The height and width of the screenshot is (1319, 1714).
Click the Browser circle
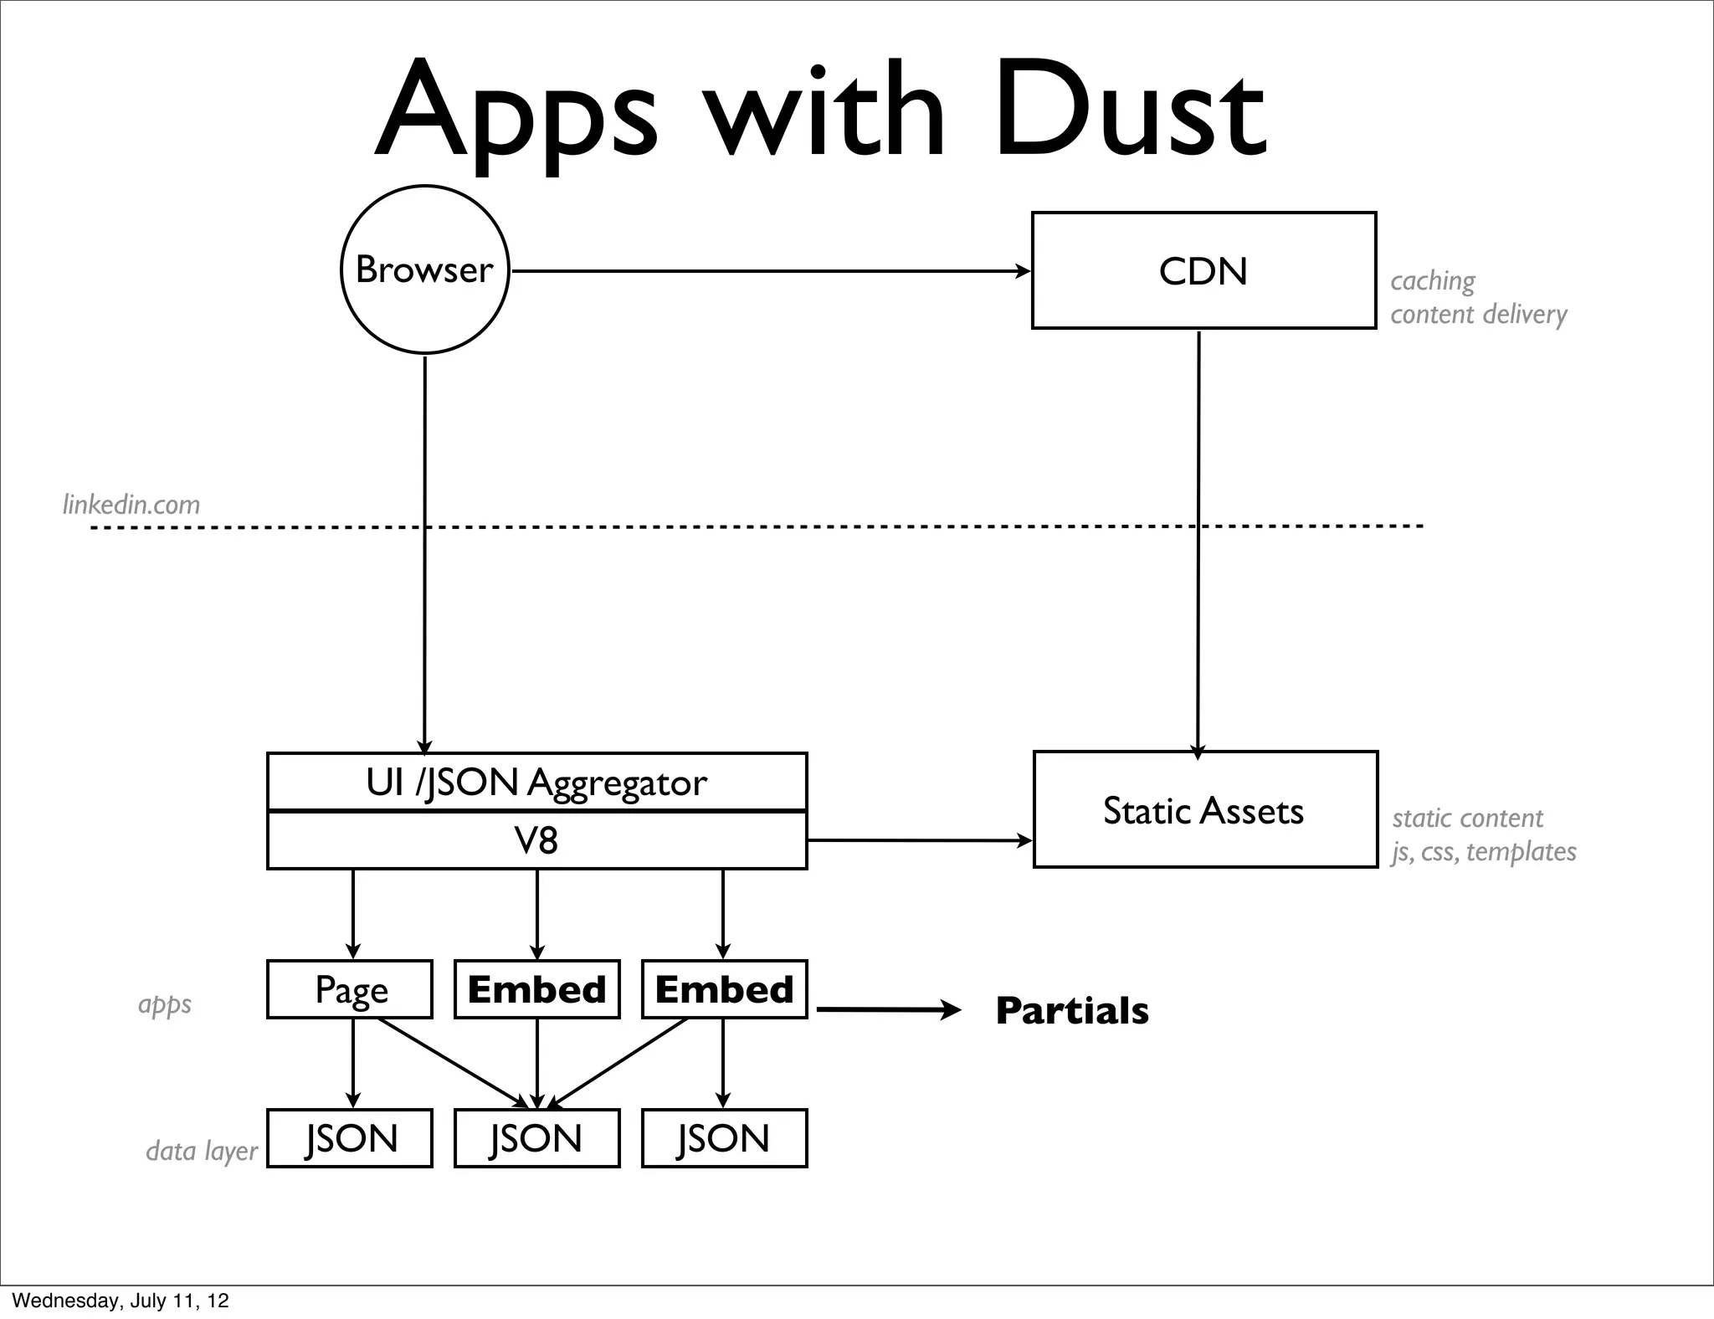(x=425, y=269)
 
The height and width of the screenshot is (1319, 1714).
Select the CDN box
(x=1203, y=270)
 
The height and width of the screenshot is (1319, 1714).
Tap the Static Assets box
(x=1204, y=809)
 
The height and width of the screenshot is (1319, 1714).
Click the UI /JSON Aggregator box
(x=536, y=782)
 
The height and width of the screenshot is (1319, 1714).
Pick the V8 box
(x=536, y=840)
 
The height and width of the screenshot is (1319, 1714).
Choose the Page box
(x=350, y=989)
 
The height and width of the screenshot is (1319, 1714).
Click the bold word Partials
(x=1072, y=1010)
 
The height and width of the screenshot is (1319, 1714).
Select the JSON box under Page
(x=350, y=1138)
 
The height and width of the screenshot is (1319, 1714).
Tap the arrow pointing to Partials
(x=887, y=1010)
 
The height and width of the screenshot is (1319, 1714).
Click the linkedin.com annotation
(x=131, y=505)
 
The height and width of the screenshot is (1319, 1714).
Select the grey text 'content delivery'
(x=1478, y=314)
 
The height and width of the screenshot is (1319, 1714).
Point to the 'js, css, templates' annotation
(x=1484, y=851)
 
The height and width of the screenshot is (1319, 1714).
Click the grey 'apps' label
(x=164, y=1003)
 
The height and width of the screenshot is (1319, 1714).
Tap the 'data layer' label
(x=201, y=1151)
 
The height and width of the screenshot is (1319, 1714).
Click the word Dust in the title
(x=1130, y=113)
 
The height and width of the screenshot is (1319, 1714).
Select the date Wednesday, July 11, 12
(x=121, y=1301)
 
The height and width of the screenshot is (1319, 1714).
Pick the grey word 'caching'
(x=1432, y=281)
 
